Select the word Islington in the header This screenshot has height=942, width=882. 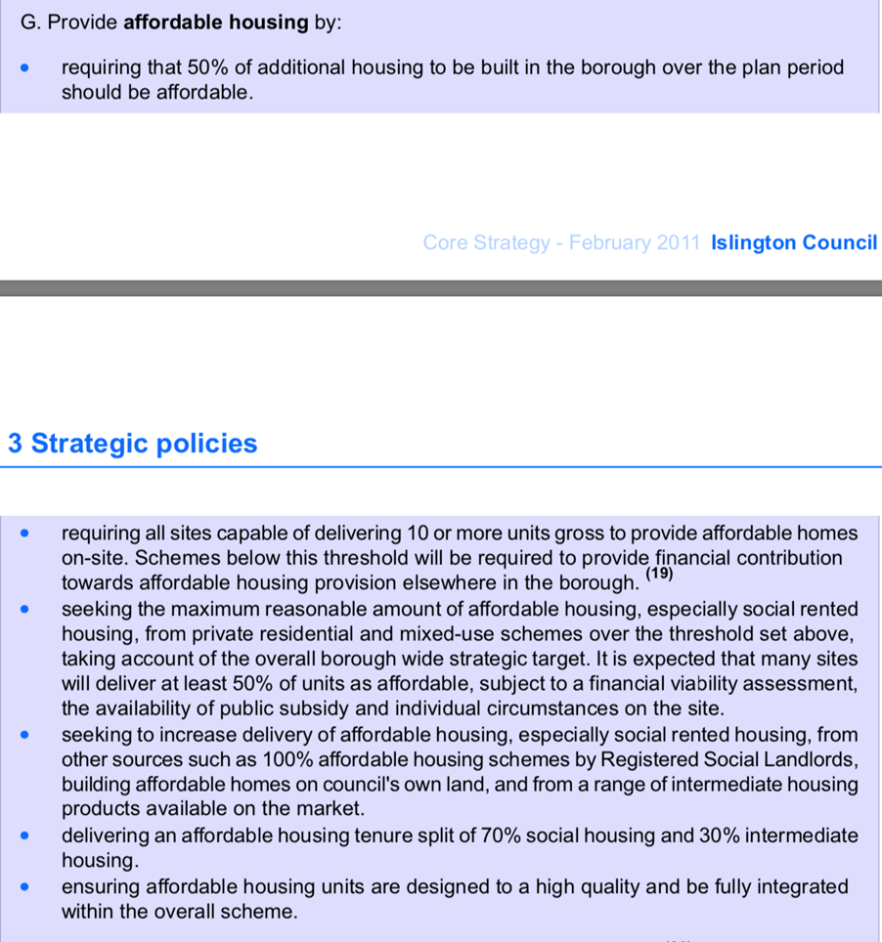754,242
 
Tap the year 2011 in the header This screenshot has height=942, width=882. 678,242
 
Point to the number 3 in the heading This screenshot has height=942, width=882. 15,444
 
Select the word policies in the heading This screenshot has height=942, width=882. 208,444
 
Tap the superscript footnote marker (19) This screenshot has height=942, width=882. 661,574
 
